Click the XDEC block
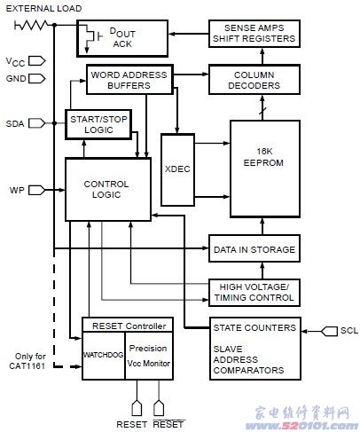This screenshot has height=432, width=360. click(x=177, y=169)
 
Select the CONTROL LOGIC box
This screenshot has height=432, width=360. click(x=108, y=190)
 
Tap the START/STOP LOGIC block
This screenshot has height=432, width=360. click(x=98, y=124)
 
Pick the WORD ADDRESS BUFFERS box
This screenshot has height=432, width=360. click(x=129, y=80)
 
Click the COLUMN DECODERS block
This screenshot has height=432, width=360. click(x=254, y=80)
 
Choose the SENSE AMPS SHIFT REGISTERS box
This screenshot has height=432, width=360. click(x=254, y=34)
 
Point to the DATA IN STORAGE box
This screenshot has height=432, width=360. click(x=254, y=248)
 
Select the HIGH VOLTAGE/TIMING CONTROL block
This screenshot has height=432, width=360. click(x=254, y=293)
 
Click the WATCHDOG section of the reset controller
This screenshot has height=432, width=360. click(x=104, y=356)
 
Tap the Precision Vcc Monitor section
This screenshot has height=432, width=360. click(x=149, y=356)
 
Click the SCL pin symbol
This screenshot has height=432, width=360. click(x=329, y=331)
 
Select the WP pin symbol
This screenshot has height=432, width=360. click(x=37, y=190)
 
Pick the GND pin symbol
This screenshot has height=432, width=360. click(x=37, y=79)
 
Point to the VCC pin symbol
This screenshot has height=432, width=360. click(x=37, y=61)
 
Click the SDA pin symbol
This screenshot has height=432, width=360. click(x=37, y=123)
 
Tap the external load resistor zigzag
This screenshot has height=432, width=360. click(x=31, y=25)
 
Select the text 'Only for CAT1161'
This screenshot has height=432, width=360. click(x=27, y=361)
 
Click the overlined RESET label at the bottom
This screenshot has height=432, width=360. click(x=168, y=424)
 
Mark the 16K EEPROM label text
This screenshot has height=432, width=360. click(x=263, y=157)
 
